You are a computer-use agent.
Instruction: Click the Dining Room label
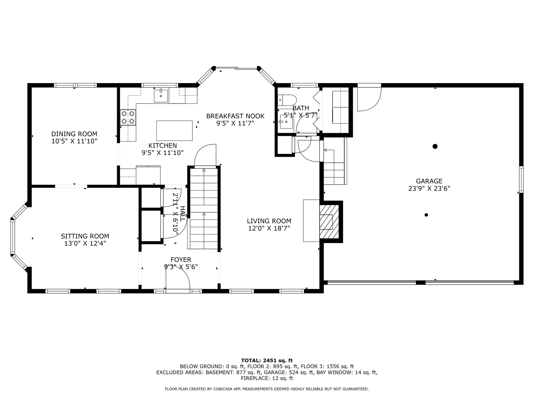[x=74, y=134]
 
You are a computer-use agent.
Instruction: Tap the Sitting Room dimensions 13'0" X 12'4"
[x=85, y=243]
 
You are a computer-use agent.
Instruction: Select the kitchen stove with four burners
[x=128, y=117]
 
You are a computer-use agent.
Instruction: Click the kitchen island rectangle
[x=174, y=130]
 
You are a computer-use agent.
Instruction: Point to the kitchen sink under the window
[x=161, y=95]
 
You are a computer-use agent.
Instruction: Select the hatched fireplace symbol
[x=329, y=222]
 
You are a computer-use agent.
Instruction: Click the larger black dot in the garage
[x=435, y=146]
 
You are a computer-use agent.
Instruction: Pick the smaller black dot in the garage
[x=426, y=215]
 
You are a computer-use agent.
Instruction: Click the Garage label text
[x=429, y=181]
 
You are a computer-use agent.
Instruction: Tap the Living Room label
[x=269, y=221]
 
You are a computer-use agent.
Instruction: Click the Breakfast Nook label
[x=235, y=116]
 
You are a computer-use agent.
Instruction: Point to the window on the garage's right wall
[x=521, y=179]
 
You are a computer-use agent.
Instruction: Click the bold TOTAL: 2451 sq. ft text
[x=267, y=360]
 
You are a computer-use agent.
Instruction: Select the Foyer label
[x=181, y=260]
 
